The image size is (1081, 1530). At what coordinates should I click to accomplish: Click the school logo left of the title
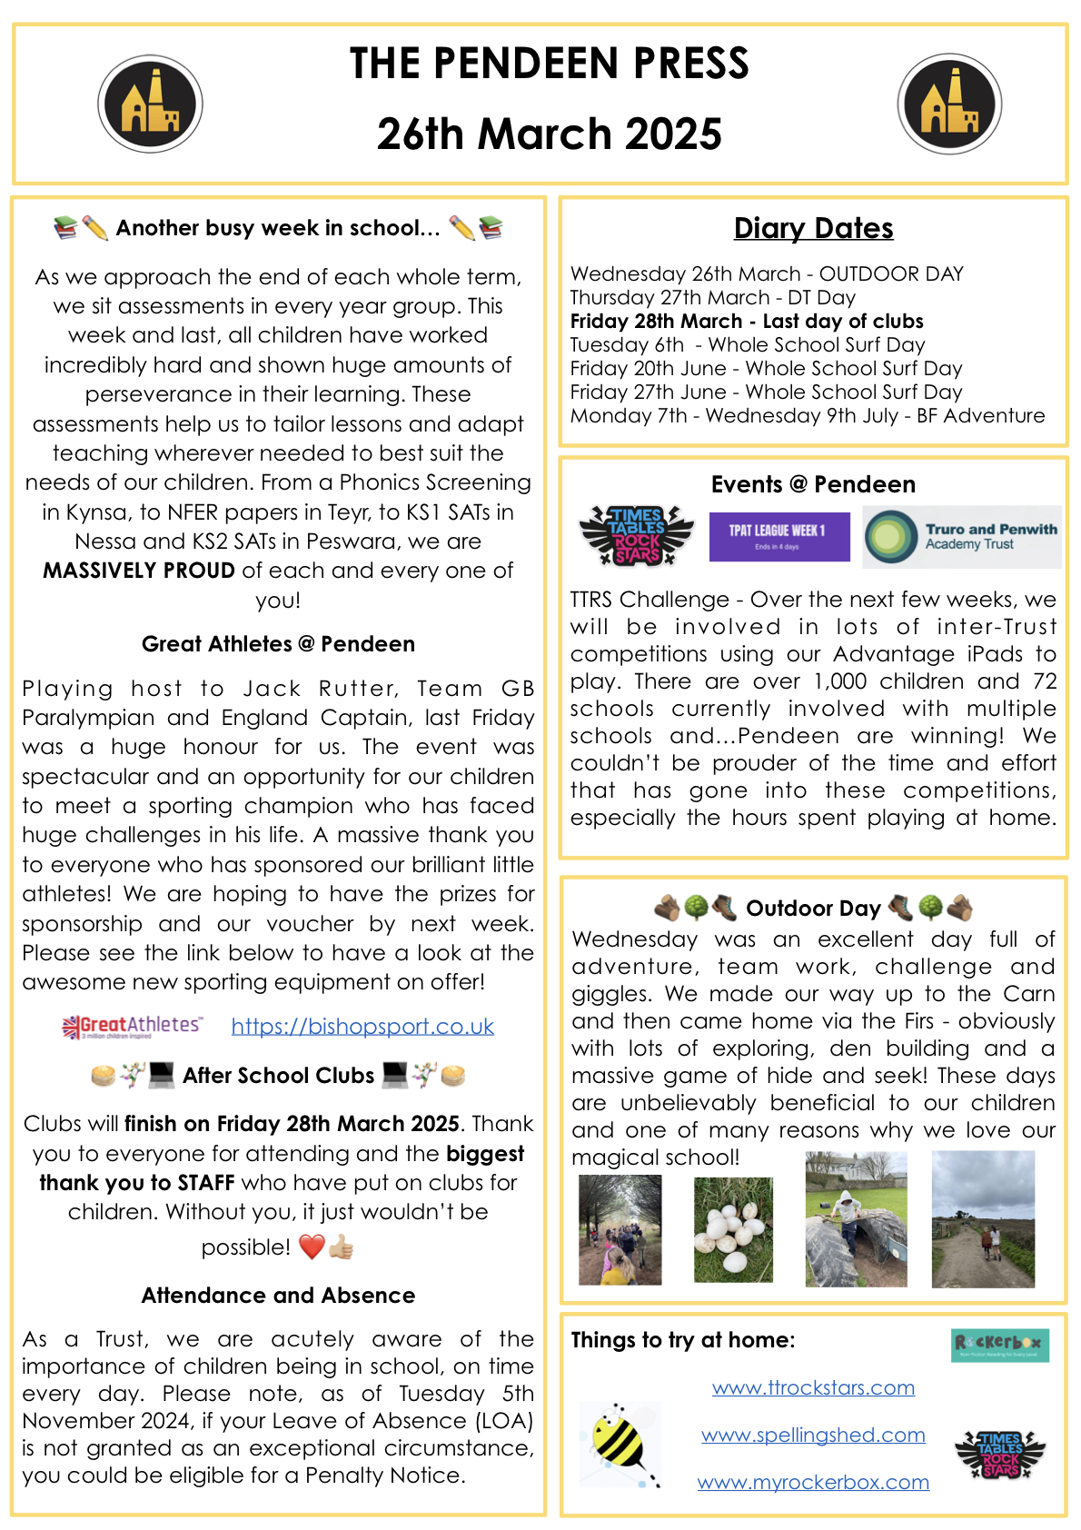point(150,104)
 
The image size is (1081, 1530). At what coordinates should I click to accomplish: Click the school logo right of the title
point(949,104)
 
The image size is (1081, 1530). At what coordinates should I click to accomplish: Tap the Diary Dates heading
point(813,228)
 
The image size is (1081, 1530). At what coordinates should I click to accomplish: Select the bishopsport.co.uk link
point(362,1027)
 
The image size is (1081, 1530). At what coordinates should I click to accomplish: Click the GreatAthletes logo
point(133,1027)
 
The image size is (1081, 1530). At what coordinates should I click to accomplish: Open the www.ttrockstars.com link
point(813,1387)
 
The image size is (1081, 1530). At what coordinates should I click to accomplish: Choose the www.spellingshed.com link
point(813,1435)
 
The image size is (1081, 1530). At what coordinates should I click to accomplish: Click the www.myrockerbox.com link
point(813,1482)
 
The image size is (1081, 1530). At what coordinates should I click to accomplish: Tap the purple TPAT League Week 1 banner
point(779,536)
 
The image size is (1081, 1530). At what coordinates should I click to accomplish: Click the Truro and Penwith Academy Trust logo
point(961,537)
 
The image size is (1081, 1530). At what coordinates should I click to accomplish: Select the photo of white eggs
point(733,1229)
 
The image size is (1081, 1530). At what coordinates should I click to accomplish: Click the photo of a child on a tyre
point(856,1220)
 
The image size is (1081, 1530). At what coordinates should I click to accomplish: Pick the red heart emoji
point(312,1247)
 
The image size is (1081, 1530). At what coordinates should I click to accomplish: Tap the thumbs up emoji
point(341,1247)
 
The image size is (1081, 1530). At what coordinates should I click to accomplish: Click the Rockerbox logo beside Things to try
point(1000,1345)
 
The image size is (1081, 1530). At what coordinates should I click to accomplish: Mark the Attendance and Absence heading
point(278,1295)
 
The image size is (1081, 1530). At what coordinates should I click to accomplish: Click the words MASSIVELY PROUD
point(139,571)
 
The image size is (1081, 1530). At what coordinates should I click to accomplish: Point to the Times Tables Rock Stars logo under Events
point(637,536)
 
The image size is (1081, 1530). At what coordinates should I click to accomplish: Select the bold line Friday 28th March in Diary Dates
point(747,322)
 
